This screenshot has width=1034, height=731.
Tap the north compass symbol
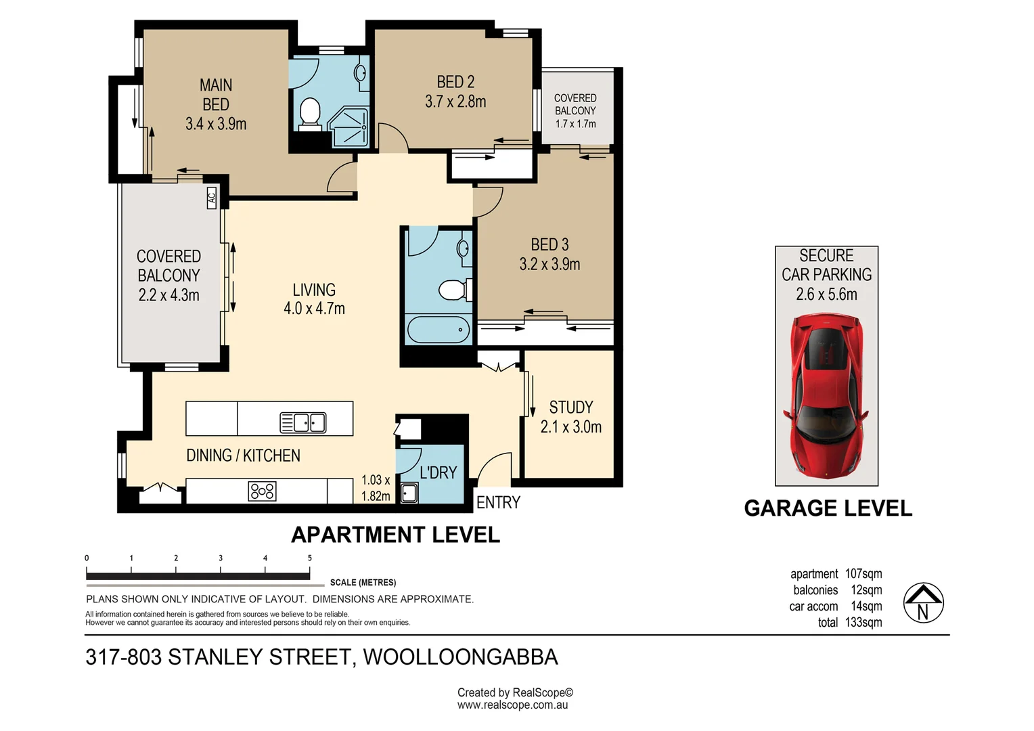coord(923,602)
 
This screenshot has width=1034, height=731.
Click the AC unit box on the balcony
coord(211,198)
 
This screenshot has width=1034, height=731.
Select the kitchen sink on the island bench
coord(302,422)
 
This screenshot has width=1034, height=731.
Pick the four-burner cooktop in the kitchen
coord(262,491)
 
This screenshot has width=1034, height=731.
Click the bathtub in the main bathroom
coord(438,330)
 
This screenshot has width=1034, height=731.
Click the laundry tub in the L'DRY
coord(408,492)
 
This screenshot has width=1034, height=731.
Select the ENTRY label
coord(498,502)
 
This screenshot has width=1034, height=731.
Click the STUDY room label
coord(570,407)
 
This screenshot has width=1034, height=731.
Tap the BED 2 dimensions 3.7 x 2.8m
coord(455,102)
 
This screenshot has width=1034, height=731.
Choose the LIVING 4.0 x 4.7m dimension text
coord(314,309)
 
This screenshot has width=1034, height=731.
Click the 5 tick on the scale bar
coord(310,558)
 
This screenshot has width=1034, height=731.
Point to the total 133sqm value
coord(863,622)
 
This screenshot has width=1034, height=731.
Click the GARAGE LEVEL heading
coord(828,508)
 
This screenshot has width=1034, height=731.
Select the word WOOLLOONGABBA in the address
coord(460,657)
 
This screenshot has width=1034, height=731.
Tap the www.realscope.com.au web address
coord(512,705)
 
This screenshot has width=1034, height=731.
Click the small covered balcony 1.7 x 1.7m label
coord(575,111)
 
